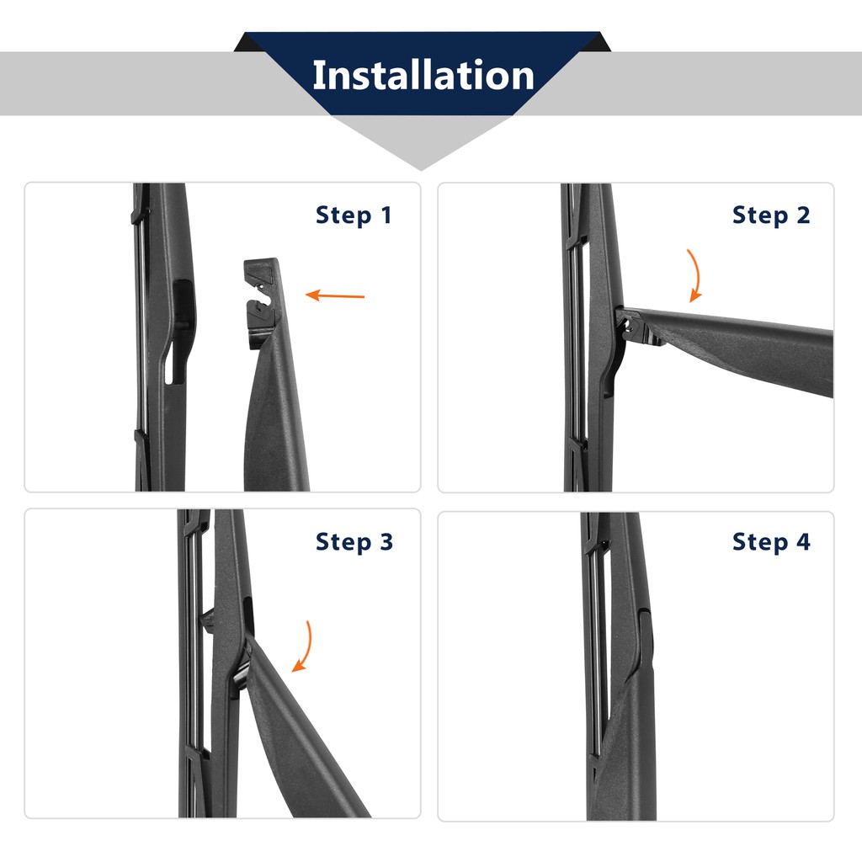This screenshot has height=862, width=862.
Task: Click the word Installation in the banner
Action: (x=423, y=75)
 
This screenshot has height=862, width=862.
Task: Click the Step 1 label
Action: (x=354, y=215)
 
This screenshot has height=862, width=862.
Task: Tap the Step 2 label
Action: (x=771, y=215)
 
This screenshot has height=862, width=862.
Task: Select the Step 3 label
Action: (x=354, y=541)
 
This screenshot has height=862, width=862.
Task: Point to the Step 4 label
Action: (x=771, y=541)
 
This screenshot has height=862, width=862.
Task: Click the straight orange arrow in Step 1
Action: (x=335, y=295)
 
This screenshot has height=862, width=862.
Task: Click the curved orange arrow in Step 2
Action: (x=697, y=276)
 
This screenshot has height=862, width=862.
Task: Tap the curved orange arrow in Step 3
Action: (x=306, y=647)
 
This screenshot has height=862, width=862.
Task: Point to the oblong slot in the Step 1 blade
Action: (x=175, y=364)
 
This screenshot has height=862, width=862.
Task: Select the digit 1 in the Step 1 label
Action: (x=386, y=215)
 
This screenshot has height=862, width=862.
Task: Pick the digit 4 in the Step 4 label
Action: (x=803, y=541)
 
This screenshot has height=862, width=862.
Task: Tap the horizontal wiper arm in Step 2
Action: (x=732, y=346)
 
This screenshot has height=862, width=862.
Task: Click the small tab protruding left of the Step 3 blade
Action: (x=207, y=620)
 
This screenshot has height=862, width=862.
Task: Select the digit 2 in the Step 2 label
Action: (x=803, y=215)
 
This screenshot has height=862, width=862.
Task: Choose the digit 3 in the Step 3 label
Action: (x=386, y=541)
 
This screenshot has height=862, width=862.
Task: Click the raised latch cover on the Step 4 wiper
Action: (x=646, y=638)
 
